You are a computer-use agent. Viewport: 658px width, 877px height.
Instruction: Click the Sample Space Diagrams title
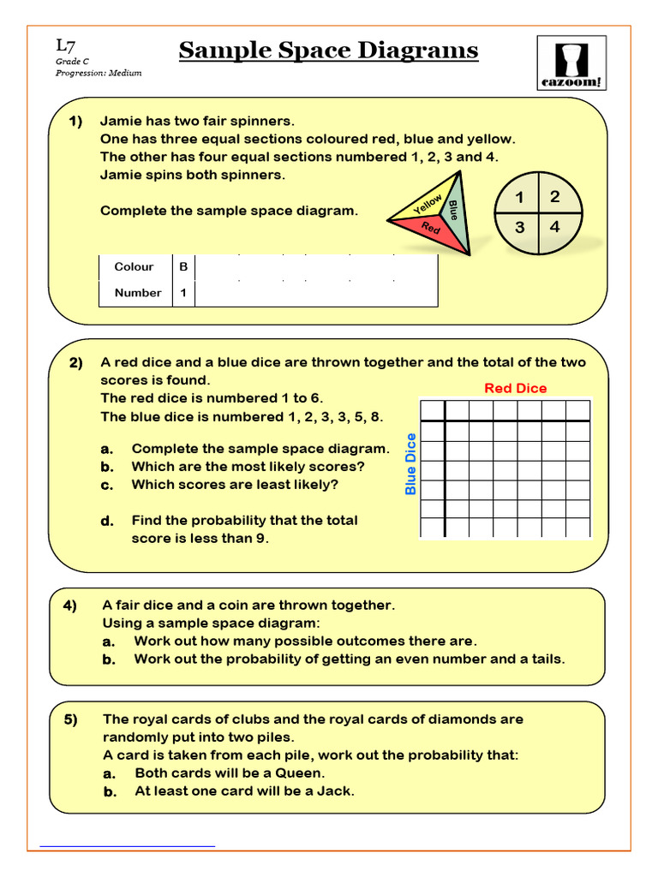click(328, 51)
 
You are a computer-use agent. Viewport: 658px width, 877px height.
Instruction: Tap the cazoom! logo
click(571, 62)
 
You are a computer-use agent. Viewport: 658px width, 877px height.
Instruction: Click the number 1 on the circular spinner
click(519, 199)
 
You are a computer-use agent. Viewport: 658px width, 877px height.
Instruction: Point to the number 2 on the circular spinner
click(554, 197)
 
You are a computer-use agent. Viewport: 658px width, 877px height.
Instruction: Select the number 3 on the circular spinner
click(519, 229)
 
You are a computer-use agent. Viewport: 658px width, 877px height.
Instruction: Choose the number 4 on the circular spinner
click(554, 228)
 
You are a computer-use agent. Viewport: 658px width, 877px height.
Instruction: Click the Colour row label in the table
click(134, 266)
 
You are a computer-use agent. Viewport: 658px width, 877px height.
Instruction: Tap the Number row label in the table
click(137, 293)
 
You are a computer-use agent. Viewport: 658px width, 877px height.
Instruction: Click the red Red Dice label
click(515, 388)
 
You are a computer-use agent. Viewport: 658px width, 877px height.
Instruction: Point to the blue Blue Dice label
click(410, 464)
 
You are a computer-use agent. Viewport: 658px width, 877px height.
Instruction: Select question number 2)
click(76, 362)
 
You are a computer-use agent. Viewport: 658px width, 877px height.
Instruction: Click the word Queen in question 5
click(300, 773)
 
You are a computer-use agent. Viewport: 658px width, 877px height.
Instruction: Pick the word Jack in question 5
click(334, 791)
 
